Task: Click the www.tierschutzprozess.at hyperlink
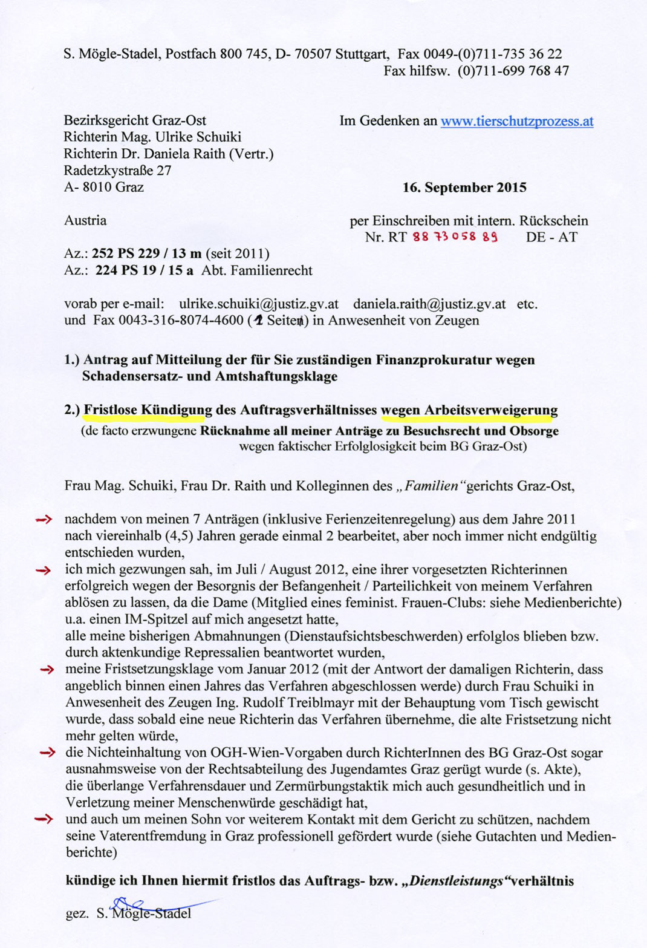tap(517, 121)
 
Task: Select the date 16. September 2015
tap(464, 188)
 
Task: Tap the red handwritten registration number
tap(455, 237)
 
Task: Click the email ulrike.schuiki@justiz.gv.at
tap(259, 304)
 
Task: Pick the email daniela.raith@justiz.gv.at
tap(429, 304)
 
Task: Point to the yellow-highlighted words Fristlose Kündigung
tap(148, 410)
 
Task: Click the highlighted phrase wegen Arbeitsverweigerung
tap(469, 410)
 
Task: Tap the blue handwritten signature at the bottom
tap(151, 906)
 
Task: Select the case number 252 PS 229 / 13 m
tap(147, 253)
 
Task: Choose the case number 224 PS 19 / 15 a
tap(145, 270)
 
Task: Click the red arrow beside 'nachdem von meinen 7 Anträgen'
tap(44, 519)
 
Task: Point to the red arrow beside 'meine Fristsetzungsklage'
tap(47, 670)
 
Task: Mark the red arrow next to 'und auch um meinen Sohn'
tap(44, 820)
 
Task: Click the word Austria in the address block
tap(85, 220)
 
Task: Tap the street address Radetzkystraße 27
tap(118, 171)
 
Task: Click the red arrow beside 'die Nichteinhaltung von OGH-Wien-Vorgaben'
tap(47, 753)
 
